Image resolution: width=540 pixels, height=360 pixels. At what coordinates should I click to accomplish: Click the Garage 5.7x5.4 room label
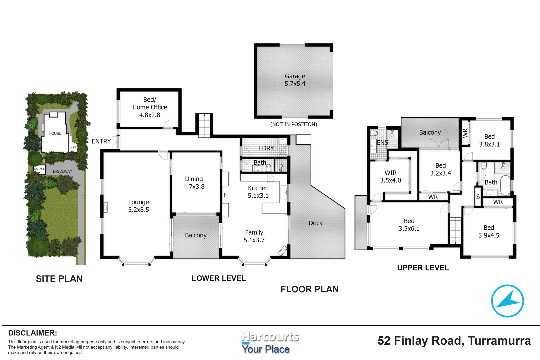point(295,80)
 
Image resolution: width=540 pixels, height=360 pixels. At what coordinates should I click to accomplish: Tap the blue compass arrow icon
point(507,301)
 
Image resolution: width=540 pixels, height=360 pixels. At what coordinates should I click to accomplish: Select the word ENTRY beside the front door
point(101,141)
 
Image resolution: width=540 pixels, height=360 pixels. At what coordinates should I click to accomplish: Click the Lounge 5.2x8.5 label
point(138,206)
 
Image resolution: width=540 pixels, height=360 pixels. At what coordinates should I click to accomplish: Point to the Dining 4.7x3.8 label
point(194,183)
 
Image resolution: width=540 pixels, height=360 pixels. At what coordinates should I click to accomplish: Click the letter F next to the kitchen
point(226,195)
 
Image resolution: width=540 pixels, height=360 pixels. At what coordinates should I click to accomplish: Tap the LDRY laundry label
point(266,148)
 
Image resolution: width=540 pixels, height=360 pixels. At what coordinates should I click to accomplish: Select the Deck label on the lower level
point(315,223)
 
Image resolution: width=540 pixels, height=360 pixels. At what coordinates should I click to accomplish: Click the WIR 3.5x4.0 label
point(390,177)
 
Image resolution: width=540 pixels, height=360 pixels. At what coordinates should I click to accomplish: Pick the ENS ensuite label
point(382,143)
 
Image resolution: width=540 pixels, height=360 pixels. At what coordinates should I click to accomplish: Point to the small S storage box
point(478,197)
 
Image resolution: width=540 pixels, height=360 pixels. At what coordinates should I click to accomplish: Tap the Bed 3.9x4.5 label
point(489,231)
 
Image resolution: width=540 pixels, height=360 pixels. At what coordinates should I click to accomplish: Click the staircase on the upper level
point(455,230)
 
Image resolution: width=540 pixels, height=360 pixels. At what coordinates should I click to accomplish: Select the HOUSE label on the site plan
point(55,133)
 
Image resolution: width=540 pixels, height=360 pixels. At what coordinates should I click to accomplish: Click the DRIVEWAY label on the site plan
point(62,171)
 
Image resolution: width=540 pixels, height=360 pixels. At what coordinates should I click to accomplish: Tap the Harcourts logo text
point(270,337)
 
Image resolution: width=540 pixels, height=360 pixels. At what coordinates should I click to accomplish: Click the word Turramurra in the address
point(499,341)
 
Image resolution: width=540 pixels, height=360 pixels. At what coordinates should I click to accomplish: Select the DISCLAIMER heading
point(32,333)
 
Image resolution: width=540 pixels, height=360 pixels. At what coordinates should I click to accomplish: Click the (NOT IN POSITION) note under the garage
point(293,124)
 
